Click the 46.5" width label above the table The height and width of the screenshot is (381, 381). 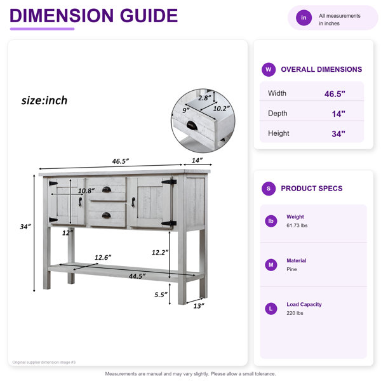[120, 161]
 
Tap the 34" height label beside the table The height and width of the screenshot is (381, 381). [25, 227]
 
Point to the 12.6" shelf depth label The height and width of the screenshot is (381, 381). [103, 257]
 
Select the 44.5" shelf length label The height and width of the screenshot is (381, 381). [137, 276]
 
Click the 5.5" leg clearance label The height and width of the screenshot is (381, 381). [161, 295]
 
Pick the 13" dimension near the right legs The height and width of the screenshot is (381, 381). [199, 306]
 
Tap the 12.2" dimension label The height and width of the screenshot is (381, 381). [160, 253]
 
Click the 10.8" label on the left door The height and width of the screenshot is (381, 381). [86, 190]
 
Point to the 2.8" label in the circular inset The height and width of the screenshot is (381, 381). [204, 98]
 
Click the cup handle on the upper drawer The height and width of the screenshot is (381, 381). [107, 189]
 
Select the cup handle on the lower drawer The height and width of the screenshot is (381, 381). [106, 215]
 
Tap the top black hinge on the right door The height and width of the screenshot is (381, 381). [169, 182]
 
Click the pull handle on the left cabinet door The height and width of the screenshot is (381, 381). [80, 202]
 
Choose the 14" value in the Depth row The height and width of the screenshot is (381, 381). [338, 114]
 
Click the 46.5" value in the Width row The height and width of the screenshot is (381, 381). [335, 94]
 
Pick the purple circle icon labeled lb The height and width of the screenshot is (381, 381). [271, 221]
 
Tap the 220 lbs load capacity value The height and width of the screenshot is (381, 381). [295, 313]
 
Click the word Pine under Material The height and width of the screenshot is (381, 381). [291, 269]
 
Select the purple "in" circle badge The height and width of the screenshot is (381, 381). [304, 18]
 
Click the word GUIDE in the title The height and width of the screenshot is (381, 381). [149, 15]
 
